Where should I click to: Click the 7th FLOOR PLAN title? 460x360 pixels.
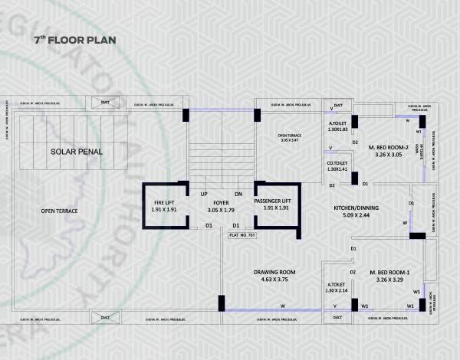coord(74,40)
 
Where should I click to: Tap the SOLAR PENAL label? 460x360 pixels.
coord(77,152)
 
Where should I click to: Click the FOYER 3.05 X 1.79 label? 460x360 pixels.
coord(220,205)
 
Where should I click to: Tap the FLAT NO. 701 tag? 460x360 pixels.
coord(243,235)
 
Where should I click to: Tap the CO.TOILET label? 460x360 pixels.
coord(338,165)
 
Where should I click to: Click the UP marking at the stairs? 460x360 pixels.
coord(205,193)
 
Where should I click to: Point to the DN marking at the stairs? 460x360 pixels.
coord(238,193)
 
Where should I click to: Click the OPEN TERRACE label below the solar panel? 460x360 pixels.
coord(60,210)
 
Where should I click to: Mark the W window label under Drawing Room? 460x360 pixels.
coord(282,305)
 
